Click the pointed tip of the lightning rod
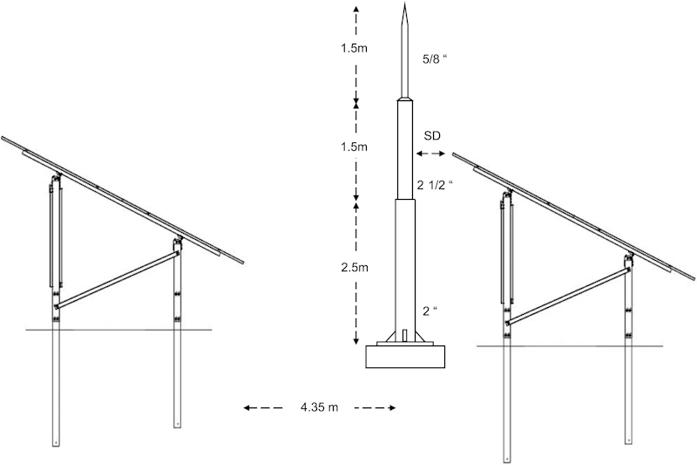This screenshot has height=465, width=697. (404, 3)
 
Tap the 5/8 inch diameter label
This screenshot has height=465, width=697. (434, 59)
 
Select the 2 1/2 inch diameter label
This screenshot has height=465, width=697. (435, 185)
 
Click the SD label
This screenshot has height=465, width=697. (432, 136)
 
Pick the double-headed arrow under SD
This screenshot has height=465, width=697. (430, 154)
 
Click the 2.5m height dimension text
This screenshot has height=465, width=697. (355, 268)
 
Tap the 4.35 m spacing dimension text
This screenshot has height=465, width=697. (319, 407)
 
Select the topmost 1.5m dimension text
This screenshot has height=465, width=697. (355, 48)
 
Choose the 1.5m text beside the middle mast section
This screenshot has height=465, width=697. (355, 147)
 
